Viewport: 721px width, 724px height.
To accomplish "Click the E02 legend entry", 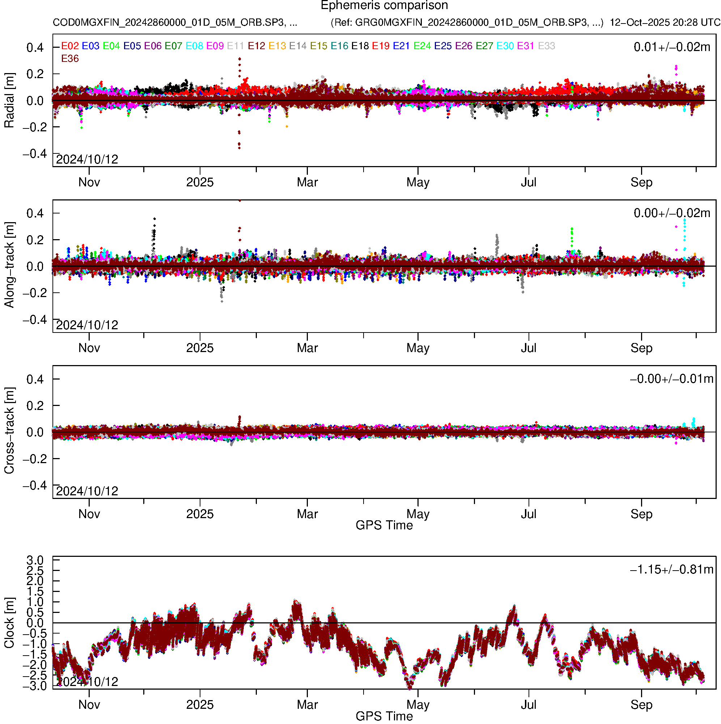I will click(x=70, y=46).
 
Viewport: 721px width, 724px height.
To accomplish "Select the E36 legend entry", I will click(x=70, y=59).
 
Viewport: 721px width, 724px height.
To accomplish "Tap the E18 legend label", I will click(x=360, y=46).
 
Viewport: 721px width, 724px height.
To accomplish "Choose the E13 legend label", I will click(x=277, y=46).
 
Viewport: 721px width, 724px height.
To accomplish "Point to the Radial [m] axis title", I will click(x=9, y=101).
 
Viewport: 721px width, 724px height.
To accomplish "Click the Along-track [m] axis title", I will click(x=9, y=265).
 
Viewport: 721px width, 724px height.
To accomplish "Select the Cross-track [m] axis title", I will click(x=9, y=431).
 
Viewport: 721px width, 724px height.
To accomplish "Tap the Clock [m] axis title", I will click(x=9, y=622).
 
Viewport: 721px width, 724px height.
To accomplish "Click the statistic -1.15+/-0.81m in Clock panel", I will click(x=671, y=569).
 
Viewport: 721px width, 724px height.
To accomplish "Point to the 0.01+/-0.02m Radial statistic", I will click(x=671, y=47).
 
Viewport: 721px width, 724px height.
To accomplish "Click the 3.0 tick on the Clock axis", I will click(x=35, y=560).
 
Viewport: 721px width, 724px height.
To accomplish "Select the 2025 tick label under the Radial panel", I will click(x=200, y=182).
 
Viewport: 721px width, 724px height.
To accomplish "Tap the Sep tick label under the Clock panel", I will click(x=641, y=704).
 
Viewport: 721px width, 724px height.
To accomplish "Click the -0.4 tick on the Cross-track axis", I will click(x=35, y=485).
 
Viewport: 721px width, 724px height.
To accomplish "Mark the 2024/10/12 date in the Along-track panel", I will click(x=87, y=325).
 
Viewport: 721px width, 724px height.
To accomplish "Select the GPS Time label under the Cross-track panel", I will click(x=384, y=525).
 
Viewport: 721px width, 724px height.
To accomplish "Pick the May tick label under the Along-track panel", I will click(x=418, y=348).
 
